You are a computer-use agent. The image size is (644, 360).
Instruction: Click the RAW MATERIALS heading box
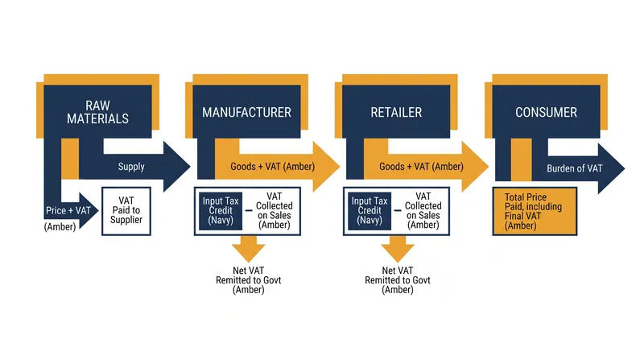coord(97,112)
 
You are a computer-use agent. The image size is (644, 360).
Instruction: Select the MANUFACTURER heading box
coord(246,112)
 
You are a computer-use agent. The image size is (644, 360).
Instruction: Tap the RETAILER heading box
coord(396,112)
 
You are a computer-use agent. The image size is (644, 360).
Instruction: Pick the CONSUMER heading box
coord(546,112)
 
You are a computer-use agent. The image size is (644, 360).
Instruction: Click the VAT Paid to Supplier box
coord(126,211)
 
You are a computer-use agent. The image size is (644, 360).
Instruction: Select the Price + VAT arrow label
coord(68,210)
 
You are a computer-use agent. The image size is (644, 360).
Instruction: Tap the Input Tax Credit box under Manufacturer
coord(221,211)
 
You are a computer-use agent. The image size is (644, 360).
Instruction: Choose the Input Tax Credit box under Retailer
coord(369,211)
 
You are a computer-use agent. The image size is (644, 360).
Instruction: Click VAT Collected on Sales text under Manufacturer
coord(274,210)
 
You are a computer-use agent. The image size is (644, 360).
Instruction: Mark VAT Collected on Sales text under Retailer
coord(423,210)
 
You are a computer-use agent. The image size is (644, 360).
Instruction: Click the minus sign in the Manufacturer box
coord(249,210)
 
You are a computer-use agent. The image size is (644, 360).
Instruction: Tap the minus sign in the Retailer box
coord(398,210)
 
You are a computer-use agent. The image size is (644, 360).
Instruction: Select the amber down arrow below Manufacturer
coord(249,249)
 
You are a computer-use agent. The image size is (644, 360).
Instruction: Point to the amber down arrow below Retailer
coord(398,249)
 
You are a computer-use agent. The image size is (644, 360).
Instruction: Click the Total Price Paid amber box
coord(535,211)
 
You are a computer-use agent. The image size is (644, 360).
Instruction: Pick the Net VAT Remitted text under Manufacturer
coord(249,280)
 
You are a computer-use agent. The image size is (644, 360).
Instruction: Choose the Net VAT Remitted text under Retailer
coord(398,280)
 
